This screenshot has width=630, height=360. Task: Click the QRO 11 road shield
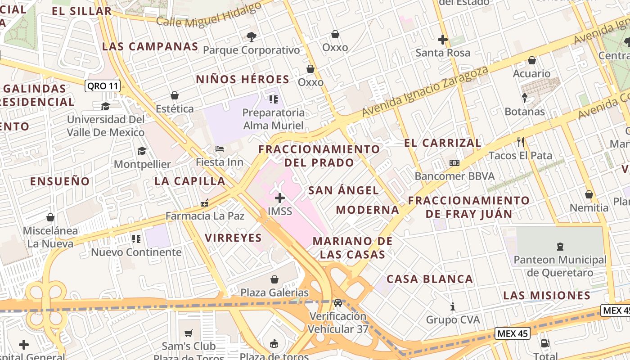103,86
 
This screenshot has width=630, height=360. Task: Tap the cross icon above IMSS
280,198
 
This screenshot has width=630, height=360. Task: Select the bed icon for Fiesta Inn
220,149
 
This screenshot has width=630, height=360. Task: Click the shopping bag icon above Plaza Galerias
274,279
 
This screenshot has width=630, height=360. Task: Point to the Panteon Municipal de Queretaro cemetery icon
560,246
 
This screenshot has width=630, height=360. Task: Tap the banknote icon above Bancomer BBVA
454,163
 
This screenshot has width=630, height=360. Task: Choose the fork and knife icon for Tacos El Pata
521,143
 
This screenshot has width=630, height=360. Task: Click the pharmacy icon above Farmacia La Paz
205,203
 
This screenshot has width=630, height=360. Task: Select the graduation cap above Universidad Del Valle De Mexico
105,106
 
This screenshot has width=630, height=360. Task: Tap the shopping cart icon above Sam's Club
189,333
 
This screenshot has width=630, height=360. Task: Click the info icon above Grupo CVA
453,307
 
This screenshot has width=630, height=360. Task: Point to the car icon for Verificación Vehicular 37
338,303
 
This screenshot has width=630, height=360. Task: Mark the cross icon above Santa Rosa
443,40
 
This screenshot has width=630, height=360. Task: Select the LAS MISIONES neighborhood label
547,296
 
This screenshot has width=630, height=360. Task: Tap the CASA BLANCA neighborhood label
430,279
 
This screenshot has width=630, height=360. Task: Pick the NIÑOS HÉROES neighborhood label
243,80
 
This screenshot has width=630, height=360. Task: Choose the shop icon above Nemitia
589,195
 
